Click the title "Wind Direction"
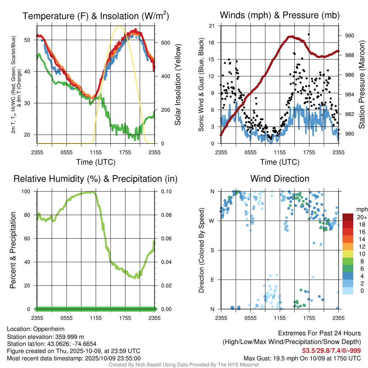tap(280, 179)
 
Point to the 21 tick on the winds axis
tap(212, 26)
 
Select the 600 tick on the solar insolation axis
tap(166, 42)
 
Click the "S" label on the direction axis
tap(212, 250)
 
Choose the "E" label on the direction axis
tap(212, 280)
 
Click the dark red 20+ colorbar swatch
tap(348, 217)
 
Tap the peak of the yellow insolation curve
tap(120, 26)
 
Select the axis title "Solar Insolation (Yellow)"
tap(178, 84)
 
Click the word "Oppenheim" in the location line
tap(49, 329)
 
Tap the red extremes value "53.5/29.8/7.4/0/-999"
tap(331, 350)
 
